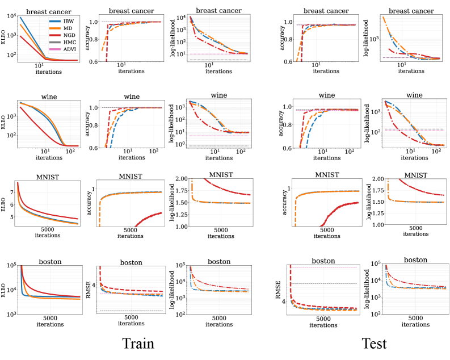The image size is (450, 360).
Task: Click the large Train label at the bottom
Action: tap(140, 344)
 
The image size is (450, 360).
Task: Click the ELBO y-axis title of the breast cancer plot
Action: tap(6, 37)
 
